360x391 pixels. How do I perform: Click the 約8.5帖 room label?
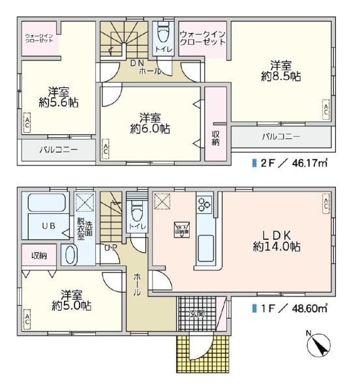[281, 71]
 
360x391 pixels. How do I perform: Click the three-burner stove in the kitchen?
[204, 205]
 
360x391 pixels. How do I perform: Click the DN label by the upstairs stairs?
[136, 63]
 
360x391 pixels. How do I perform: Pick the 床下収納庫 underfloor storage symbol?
[181, 229]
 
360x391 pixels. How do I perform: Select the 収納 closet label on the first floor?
[40, 255]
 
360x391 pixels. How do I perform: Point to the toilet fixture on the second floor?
[162, 35]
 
